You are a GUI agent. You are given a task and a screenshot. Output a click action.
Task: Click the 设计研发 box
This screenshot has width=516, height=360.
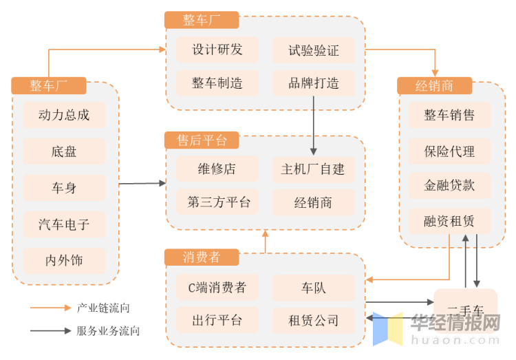point(217,50)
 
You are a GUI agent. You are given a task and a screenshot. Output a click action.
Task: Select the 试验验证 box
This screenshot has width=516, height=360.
point(314,50)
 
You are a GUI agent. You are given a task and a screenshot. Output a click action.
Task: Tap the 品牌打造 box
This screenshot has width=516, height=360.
point(314,83)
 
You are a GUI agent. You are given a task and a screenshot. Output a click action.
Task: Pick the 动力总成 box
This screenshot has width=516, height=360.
point(64,115)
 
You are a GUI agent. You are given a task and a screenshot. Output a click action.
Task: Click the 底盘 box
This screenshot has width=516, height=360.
point(64,151)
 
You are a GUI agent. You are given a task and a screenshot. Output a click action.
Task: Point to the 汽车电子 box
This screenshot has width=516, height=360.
point(64,224)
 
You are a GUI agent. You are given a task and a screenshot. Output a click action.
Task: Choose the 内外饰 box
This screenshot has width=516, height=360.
point(64,261)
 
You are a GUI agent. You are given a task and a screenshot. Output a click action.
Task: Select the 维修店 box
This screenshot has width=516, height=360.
point(217,169)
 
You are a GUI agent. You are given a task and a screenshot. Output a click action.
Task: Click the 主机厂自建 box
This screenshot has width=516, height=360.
point(314,169)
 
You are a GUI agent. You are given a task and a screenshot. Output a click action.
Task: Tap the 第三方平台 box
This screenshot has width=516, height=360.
point(217,202)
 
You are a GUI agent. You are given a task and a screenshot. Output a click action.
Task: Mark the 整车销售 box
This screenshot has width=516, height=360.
point(449,115)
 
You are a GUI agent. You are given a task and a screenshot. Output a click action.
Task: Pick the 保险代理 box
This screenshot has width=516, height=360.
point(449,151)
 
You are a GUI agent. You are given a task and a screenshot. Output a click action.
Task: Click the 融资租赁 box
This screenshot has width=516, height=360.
point(449,222)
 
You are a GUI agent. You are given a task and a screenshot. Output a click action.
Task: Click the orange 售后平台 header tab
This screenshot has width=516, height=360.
point(202,140)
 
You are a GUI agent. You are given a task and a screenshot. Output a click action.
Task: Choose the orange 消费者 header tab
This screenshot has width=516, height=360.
point(202,257)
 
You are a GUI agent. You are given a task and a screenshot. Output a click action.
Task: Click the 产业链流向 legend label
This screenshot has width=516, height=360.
point(103,308)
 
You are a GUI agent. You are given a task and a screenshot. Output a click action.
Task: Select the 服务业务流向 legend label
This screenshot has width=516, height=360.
point(108,331)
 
